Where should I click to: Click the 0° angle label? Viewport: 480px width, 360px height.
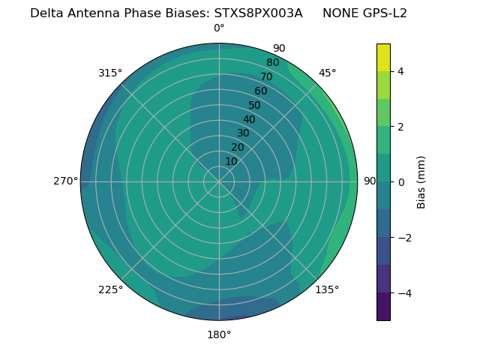(219, 28)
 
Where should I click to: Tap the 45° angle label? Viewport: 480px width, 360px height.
(327, 73)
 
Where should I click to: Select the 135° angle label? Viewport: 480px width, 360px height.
(327, 289)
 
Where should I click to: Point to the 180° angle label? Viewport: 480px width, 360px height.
(219, 334)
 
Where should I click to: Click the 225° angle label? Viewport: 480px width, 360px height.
(110, 290)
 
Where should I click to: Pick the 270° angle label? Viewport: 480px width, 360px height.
(65, 181)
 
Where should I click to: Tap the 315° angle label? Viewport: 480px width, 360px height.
(110, 73)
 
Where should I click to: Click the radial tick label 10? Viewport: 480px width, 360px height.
(231, 161)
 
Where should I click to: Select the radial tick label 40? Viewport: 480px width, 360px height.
(249, 119)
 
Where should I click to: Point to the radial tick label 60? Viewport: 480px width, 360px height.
(260, 91)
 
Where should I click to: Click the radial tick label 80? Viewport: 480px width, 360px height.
(272, 63)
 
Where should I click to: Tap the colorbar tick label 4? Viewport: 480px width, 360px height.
(401, 71)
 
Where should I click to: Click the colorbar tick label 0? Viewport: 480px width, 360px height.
(401, 182)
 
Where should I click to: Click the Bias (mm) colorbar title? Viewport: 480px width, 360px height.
(421, 182)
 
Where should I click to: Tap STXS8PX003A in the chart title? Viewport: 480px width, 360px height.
(259, 13)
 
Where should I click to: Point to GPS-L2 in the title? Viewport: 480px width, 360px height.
(383, 13)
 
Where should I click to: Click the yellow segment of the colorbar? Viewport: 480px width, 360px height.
(383, 58)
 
